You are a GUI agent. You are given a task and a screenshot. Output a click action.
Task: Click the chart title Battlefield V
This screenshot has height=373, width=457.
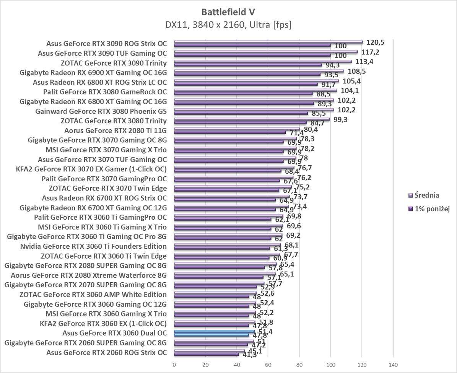pos(228,12)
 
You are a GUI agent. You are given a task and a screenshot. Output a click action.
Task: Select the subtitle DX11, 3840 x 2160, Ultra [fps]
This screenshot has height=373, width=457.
pos(228,25)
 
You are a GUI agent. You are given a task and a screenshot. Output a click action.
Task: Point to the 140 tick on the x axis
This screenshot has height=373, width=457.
pos(393,364)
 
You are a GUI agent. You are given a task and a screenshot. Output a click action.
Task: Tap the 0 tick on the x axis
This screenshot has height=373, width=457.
pos(174,364)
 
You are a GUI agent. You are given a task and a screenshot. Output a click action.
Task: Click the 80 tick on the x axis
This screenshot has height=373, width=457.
pos(299,364)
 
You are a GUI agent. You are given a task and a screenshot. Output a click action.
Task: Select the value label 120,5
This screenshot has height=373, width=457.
pos(375,42)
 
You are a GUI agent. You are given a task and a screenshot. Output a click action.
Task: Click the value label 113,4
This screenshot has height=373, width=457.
pos(364,62)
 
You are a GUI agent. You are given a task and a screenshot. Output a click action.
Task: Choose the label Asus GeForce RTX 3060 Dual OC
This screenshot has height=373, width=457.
pos(114,333)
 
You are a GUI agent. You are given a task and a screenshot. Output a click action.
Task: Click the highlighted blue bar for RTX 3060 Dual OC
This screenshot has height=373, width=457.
pos(214,332)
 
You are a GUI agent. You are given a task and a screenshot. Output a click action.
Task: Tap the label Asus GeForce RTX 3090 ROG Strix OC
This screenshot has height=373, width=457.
pos(107,44)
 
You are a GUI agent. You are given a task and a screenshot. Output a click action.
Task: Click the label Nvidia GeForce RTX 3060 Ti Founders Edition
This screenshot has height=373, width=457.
pos(93,246)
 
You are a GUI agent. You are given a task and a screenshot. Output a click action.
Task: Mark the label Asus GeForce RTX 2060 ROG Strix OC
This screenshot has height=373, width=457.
pos(106,352)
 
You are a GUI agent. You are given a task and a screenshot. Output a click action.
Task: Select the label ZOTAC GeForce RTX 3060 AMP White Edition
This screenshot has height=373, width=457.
pos(93,295)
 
